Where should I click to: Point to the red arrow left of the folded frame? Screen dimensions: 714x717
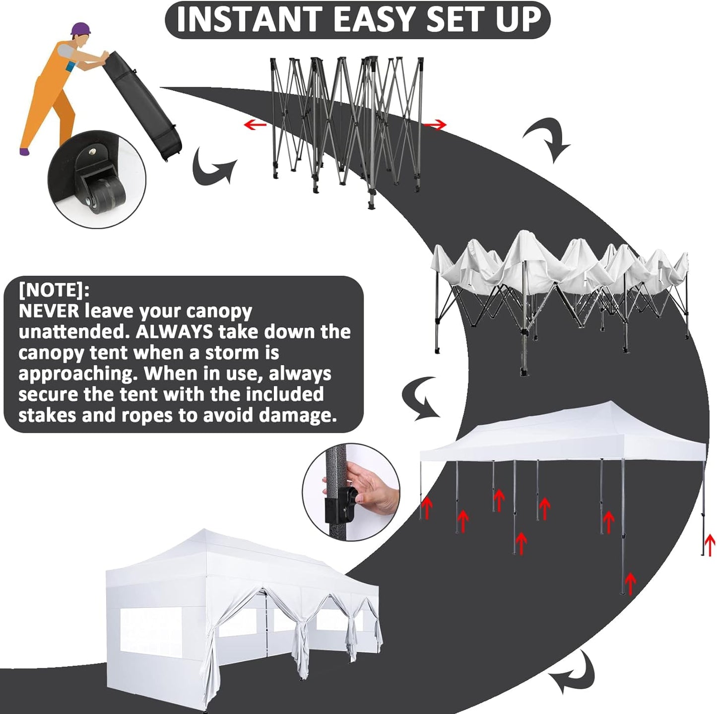click(x=255, y=124)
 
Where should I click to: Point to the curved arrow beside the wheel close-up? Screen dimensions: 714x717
click(x=212, y=169)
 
